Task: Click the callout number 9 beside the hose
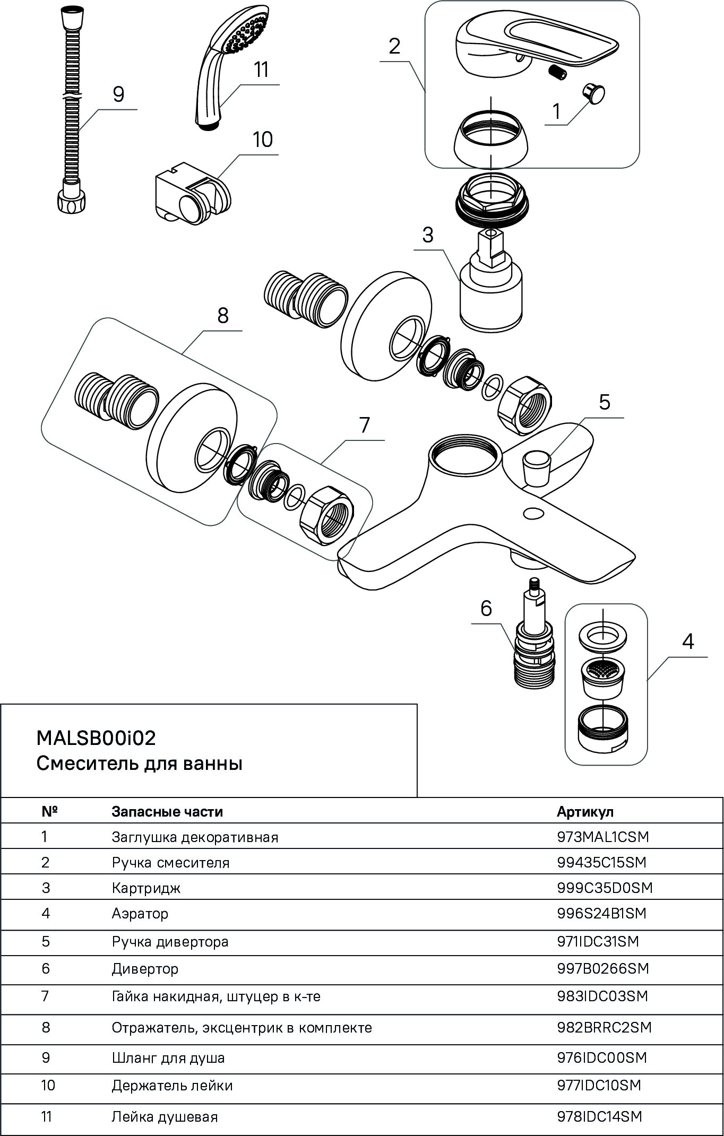click(x=118, y=94)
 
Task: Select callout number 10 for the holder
click(x=262, y=140)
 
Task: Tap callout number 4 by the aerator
click(x=687, y=641)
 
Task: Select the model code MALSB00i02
click(x=96, y=738)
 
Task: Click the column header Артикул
click(x=585, y=812)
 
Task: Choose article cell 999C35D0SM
click(x=605, y=888)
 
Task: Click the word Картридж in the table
click(x=146, y=888)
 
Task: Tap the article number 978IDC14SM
click(x=599, y=1117)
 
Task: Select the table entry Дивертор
click(x=145, y=969)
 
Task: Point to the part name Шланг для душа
click(x=168, y=1058)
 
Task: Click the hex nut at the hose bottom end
click(x=71, y=202)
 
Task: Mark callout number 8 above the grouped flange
click(x=223, y=315)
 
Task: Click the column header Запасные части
click(x=167, y=812)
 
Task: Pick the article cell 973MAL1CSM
click(x=602, y=837)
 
